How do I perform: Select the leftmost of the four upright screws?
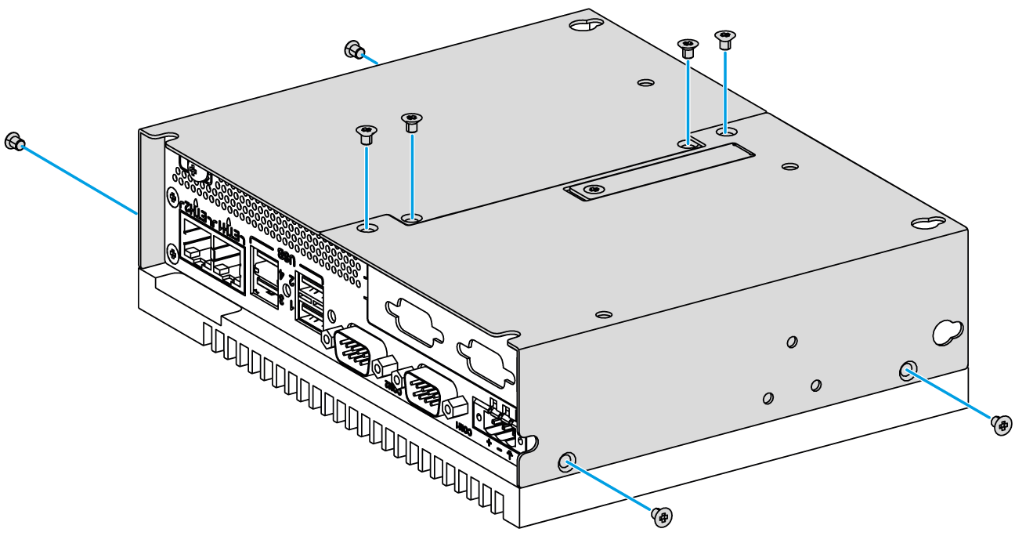click(x=365, y=133)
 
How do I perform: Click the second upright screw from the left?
click(x=410, y=121)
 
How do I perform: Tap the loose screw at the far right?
click(x=1000, y=424)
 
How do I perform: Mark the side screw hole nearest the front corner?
click(x=566, y=462)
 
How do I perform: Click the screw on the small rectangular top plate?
click(x=594, y=189)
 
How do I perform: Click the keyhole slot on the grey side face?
click(x=944, y=331)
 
